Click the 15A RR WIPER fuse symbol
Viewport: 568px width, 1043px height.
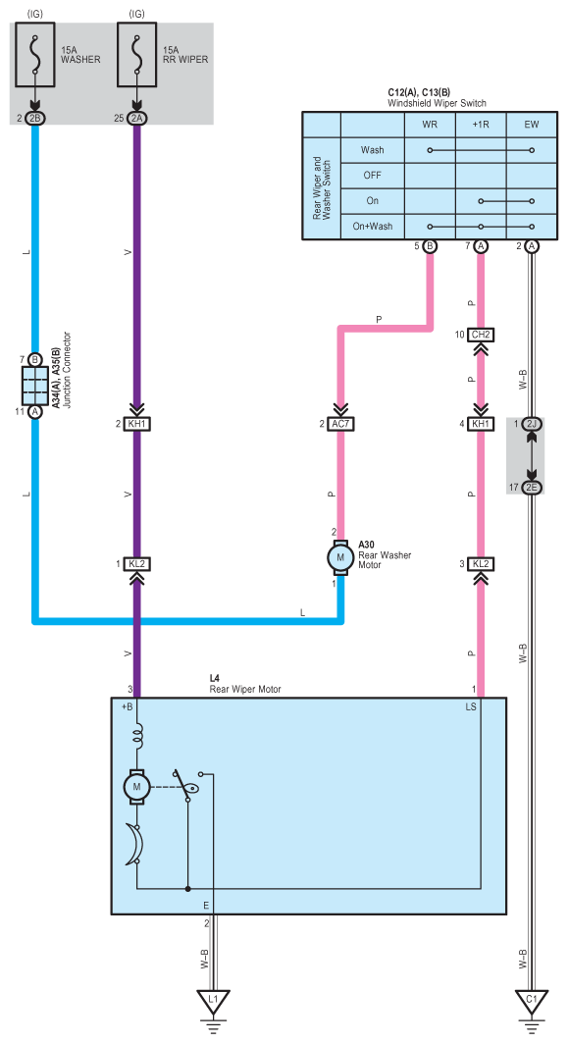click(x=137, y=55)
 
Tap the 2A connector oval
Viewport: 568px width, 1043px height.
click(x=137, y=118)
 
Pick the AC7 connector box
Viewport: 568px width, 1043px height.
click(x=341, y=423)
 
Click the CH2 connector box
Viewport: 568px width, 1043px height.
click(x=481, y=334)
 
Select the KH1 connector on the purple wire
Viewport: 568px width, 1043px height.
click(x=137, y=423)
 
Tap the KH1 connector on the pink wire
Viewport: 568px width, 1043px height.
click(x=481, y=423)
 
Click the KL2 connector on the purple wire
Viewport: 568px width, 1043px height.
click(x=137, y=564)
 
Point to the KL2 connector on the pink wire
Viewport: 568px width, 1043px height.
click(x=481, y=564)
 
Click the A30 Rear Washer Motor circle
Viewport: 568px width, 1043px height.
click(x=341, y=557)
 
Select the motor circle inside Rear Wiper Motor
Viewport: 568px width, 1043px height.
click(x=137, y=787)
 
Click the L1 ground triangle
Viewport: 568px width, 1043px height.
click(x=213, y=1001)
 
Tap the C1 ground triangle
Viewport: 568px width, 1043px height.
click(x=531, y=1001)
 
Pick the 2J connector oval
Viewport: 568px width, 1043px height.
click(x=532, y=423)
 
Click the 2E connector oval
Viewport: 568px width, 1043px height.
click(x=532, y=488)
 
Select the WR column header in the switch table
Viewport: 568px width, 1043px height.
click(x=430, y=125)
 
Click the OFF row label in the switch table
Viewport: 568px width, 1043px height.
click(x=373, y=175)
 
